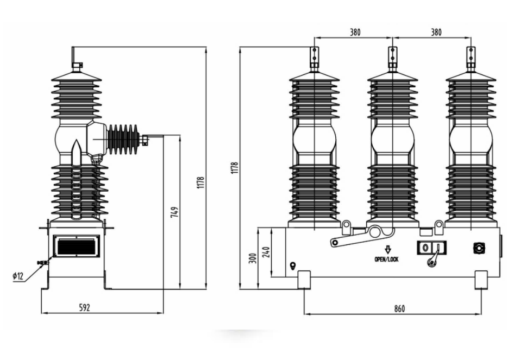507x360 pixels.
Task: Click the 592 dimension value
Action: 84,307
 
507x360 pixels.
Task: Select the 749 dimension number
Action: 174,212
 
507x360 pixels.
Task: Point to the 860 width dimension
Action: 399,308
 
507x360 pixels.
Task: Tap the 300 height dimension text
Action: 253,258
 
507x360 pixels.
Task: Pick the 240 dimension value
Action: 266,252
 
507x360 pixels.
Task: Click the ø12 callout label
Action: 18,276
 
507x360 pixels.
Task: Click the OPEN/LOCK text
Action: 387,259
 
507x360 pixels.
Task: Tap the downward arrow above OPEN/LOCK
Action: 388,249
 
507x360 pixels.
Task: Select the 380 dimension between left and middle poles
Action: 355,33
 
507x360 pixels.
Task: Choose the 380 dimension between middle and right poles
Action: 436,33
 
